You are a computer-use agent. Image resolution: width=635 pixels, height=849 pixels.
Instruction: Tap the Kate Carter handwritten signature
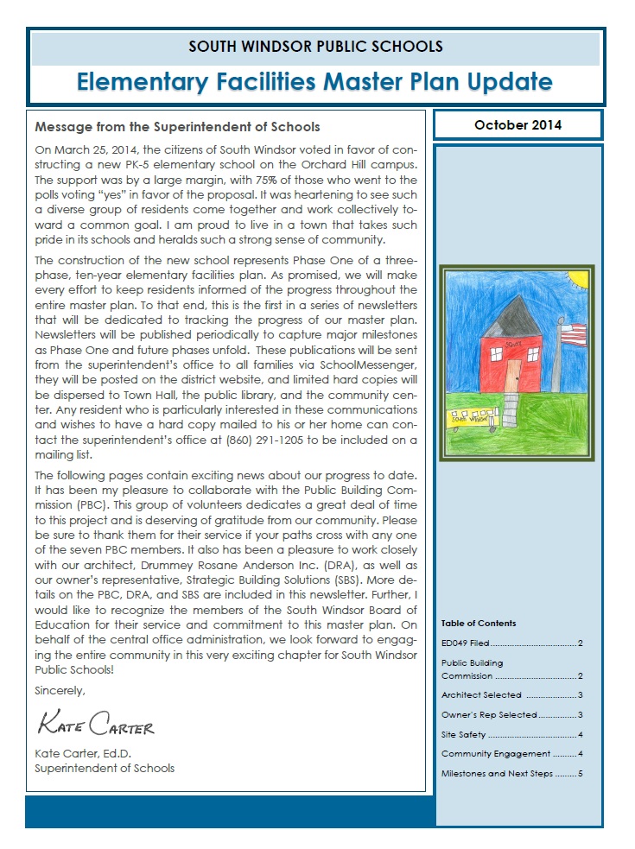point(95,723)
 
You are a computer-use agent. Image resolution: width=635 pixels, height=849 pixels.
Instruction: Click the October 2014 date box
point(518,125)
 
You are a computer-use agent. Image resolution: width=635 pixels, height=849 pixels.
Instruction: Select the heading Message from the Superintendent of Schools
point(178,127)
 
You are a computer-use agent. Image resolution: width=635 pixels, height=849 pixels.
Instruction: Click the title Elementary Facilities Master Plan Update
point(314,82)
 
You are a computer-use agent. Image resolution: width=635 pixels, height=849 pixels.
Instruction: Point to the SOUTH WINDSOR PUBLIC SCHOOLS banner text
point(314,46)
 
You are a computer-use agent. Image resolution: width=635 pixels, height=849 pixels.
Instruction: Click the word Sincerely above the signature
point(60,691)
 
